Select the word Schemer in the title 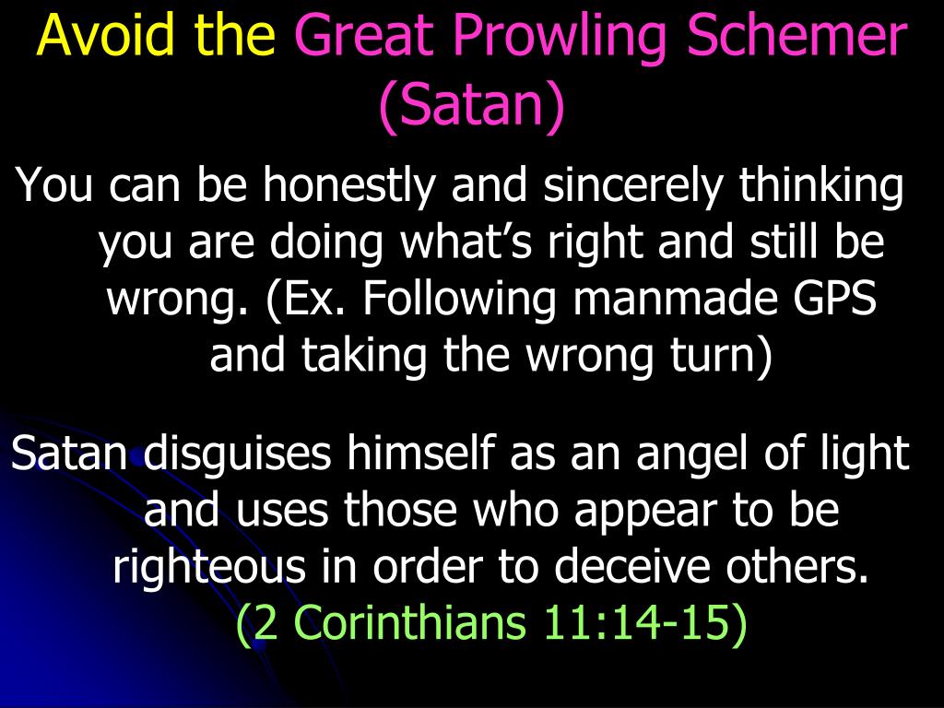point(797,34)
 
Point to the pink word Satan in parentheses point(470,103)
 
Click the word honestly point(348,186)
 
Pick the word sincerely point(632,186)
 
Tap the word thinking point(821,186)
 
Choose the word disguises point(237,454)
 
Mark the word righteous point(209,567)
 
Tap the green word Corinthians point(412,622)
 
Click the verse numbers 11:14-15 point(637,622)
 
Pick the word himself point(420,453)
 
